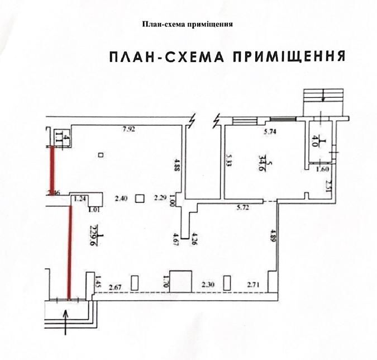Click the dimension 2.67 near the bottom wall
click(x=115, y=287)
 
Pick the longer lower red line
click(x=70, y=252)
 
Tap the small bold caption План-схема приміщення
click(x=188, y=25)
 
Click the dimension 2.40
click(x=121, y=197)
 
